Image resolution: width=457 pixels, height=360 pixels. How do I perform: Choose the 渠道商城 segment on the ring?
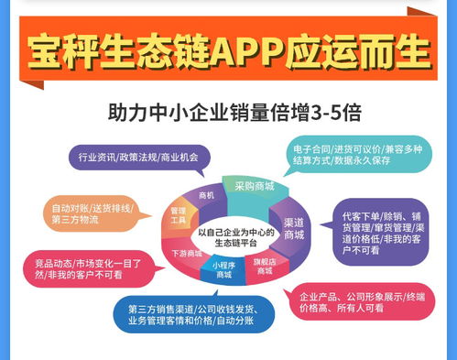[295, 230]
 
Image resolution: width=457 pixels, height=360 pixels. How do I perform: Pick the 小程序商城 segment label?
[223, 269]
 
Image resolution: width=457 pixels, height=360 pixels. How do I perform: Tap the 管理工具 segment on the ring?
[178, 215]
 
